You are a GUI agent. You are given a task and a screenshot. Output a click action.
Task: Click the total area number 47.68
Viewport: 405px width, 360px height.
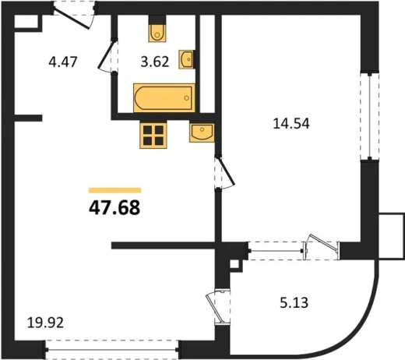click(114, 208)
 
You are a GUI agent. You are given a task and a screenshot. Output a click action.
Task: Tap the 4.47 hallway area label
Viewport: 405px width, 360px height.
click(63, 62)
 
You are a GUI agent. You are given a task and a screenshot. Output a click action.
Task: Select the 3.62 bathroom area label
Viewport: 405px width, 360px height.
click(155, 62)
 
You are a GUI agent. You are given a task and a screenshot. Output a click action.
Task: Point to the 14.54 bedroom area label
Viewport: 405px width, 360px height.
click(291, 123)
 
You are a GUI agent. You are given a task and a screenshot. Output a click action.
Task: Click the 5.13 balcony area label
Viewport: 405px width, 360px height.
click(294, 302)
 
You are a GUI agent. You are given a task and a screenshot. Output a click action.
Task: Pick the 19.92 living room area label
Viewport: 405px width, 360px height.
click(45, 323)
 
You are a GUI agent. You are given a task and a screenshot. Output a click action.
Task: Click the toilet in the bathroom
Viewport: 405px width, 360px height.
click(157, 29)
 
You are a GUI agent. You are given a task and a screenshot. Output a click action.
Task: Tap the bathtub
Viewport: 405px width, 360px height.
click(164, 98)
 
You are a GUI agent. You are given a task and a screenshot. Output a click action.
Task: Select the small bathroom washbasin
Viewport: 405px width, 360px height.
click(187, 59)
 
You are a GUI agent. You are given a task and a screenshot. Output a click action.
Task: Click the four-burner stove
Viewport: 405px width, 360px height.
click(153, 135)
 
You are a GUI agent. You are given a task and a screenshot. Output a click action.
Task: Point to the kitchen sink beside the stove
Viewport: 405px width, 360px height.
click(202, 132)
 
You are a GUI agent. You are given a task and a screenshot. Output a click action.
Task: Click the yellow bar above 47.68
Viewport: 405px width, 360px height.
click(114, 190)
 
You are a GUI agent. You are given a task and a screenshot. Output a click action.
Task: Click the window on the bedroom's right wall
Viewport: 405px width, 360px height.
click(369, 116)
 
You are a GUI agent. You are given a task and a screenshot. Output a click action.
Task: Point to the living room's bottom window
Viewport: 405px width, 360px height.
click(112, 350)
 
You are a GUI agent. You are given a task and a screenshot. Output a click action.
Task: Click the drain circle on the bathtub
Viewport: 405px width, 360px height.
click(186, 98)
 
